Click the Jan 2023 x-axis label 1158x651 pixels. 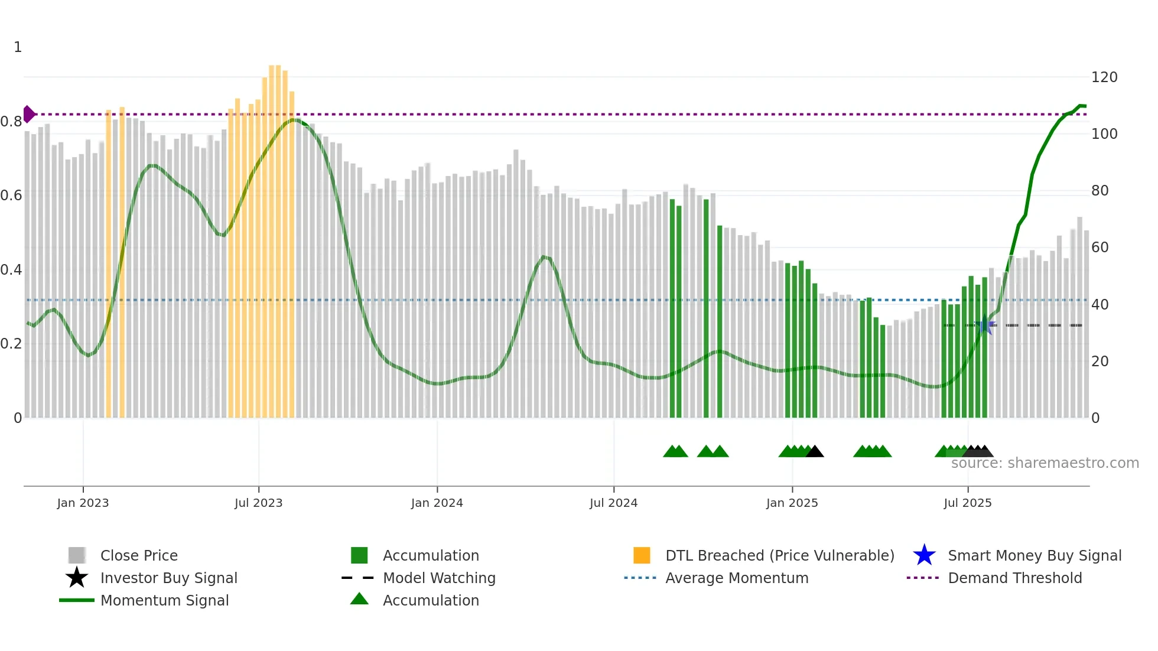coord(83,503)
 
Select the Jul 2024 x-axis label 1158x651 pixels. coord(613,503)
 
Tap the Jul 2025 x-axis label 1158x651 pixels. coord(967,503)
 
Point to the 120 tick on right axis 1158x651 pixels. coord(1104,77)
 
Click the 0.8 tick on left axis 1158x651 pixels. coord(11,122)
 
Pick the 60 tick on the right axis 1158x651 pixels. coord(1100,248)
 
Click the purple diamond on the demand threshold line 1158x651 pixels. coord(28,114)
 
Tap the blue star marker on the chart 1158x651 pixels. coord(985,326)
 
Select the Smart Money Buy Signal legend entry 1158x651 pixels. coord(1034,556)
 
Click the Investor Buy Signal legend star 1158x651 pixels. coord(77,578)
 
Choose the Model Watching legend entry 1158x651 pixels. coord(438,578)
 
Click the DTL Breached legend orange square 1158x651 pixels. coord(642,555)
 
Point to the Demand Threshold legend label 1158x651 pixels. coord(1014,578)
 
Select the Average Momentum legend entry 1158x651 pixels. coord(736,578)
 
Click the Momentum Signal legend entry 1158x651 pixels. coord(164,601)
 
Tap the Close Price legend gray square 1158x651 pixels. coord(77,555)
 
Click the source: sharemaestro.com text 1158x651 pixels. coord(1045,463)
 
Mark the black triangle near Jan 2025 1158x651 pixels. coord(815,452)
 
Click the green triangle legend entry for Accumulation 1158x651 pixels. coord(359,600)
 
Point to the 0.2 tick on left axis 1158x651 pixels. coord(11,344)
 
